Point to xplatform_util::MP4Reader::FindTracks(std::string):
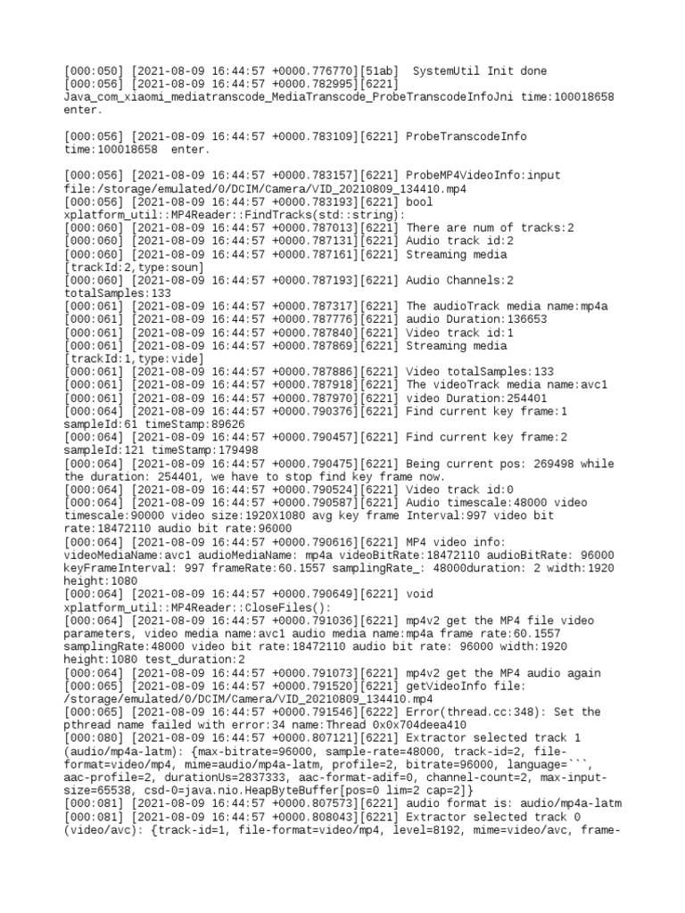pos(235,215)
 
